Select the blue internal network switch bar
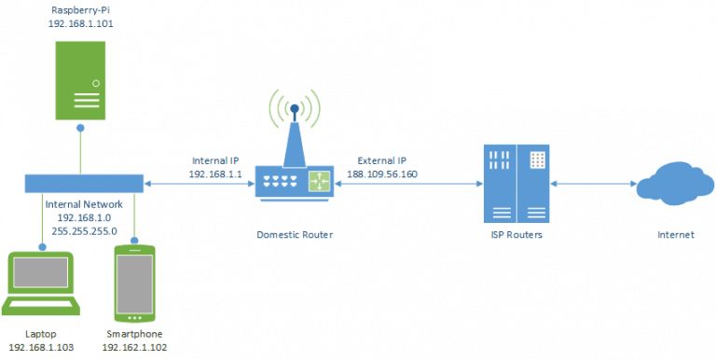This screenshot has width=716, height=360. tap(82, 182)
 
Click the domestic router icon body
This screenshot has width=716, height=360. tap(295, 182)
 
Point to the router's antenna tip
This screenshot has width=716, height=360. tap(294, 108)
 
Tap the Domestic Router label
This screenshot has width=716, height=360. tap(294, 235)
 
